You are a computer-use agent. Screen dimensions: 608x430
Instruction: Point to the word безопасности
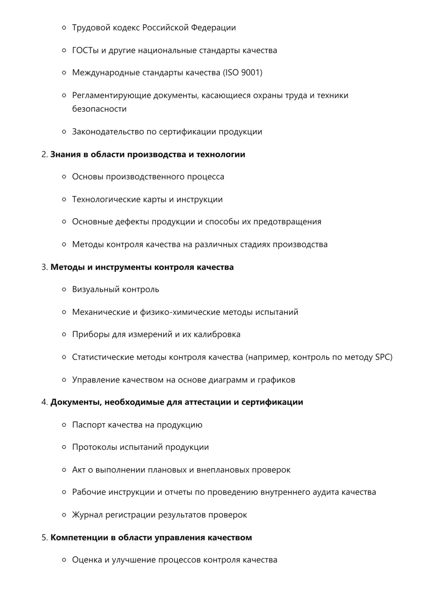pyautogui.click(x=99, y=109)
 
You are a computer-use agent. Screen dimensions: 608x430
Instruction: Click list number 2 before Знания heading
pyautogui.click(x=44, y=154)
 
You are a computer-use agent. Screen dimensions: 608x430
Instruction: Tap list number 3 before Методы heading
pyautogui.click(x=44, y=267)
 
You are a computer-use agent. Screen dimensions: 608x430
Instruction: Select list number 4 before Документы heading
pyautogui.click(x=44, y=402)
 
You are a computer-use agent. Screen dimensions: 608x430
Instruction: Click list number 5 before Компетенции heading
pyautogui.click(x=44, y=538)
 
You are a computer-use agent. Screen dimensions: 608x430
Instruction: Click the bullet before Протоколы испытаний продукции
pyautogui.click(x=64, y=447)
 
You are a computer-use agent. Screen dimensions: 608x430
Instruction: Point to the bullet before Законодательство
pyautogui.click(x=64, y=132)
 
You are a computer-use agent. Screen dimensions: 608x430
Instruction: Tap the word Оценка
pyautogui.click(x=87, y=560)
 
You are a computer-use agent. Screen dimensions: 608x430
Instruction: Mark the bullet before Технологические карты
pyautogui.click(x=64, y=199)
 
